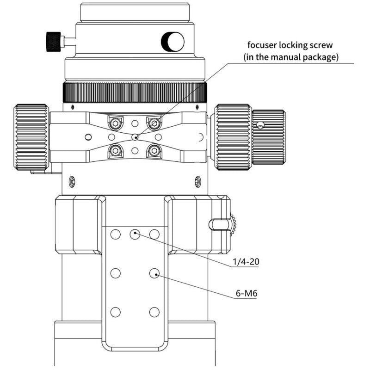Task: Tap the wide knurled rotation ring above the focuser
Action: coord(135,92)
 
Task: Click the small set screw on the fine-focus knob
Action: coord(262,125)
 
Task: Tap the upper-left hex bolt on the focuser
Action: coord(115,123)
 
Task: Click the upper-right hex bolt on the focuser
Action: coord(154,123)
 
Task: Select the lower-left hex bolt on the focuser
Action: coord(115,150)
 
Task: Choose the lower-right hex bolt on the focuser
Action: coord(154,150)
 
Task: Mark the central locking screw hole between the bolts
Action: coord(135,137)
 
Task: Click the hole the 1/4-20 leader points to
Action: coord(135,234)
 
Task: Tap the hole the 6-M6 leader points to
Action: coord(154,273)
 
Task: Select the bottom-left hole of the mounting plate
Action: coord(116,311)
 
